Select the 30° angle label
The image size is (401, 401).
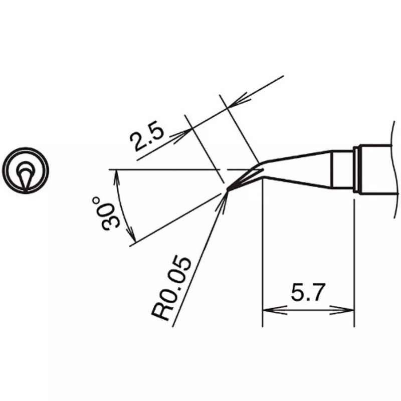(106, 215)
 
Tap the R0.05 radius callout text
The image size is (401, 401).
(171, 288)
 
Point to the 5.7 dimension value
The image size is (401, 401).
(308, 292)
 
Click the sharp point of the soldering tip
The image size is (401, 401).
(228, 190)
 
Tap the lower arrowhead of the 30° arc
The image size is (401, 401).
(131, 234)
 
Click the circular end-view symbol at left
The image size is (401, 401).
(26, 170)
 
